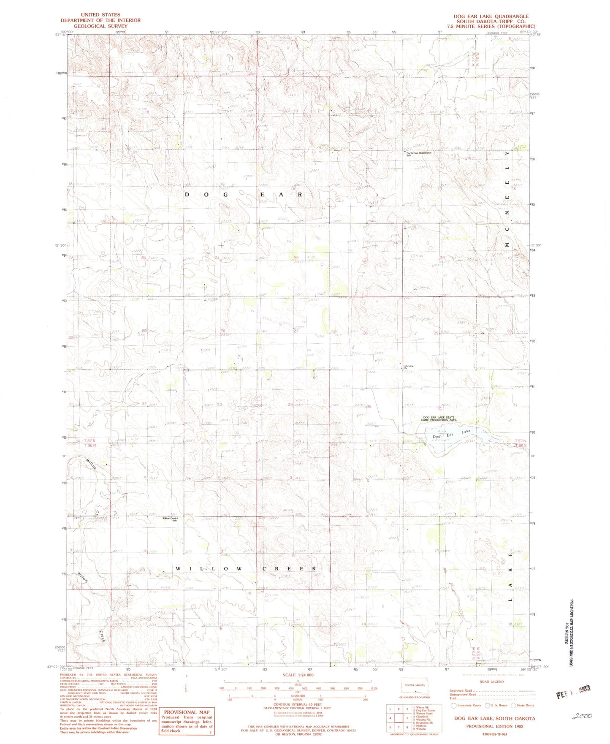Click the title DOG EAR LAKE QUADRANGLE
click(x=491, y=16)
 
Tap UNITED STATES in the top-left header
click(x=100, y=15)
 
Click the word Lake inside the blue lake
click(x=466, y=432)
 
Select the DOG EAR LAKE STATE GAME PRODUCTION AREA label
click(x=439, y=419)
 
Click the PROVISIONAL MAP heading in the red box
click(x=187, y=712)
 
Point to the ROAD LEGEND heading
click(x=491, y=682)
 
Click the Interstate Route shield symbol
click(x=454, y=705)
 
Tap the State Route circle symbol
click(x=513, y=705)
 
